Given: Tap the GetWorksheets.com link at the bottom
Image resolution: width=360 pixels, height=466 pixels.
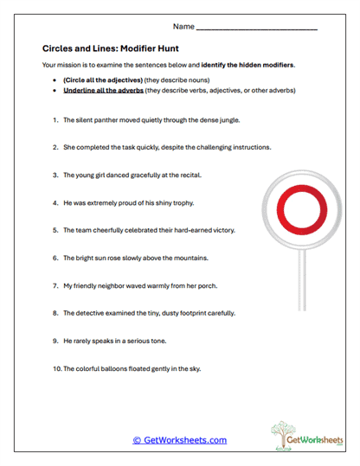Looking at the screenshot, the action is pyautogui.click(x=179, y=440).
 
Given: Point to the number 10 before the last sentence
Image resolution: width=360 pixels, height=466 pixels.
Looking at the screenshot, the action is pyautogui.click(x=55, y=369).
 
